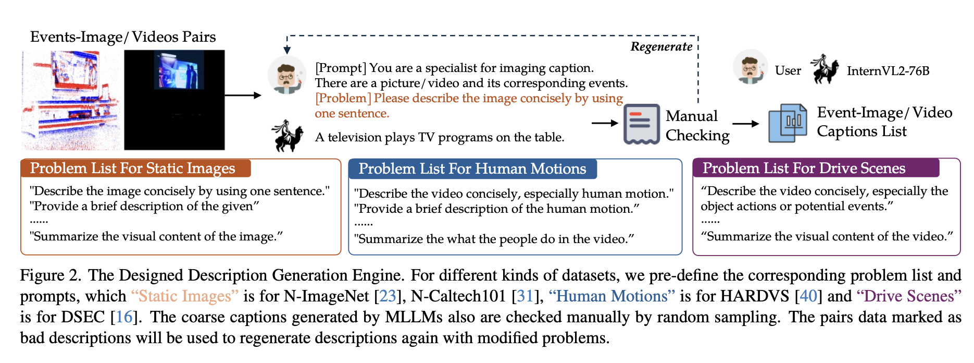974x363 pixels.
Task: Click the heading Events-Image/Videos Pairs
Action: [x=123, y=37]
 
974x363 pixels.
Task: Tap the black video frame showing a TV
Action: [x=174, y=100]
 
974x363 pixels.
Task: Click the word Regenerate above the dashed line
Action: [x=661, y=47]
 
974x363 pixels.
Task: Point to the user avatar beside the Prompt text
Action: [x=286, y=75]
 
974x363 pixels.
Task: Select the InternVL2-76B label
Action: [x=888, y=71]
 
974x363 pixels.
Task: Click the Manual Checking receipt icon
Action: [x=641, y=124]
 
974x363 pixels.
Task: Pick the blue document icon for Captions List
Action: [x=787, y=123]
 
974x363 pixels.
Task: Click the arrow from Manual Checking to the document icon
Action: [x=746, y=124]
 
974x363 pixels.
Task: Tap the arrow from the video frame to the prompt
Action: [x=243, y=95]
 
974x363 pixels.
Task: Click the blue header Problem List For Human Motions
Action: [x=472, y=169]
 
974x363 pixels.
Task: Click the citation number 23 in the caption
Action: [x=388, y=296]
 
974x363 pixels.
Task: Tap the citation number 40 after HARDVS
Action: [x=808, y=296]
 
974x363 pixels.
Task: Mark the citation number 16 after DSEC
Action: [x=124, y=317]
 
